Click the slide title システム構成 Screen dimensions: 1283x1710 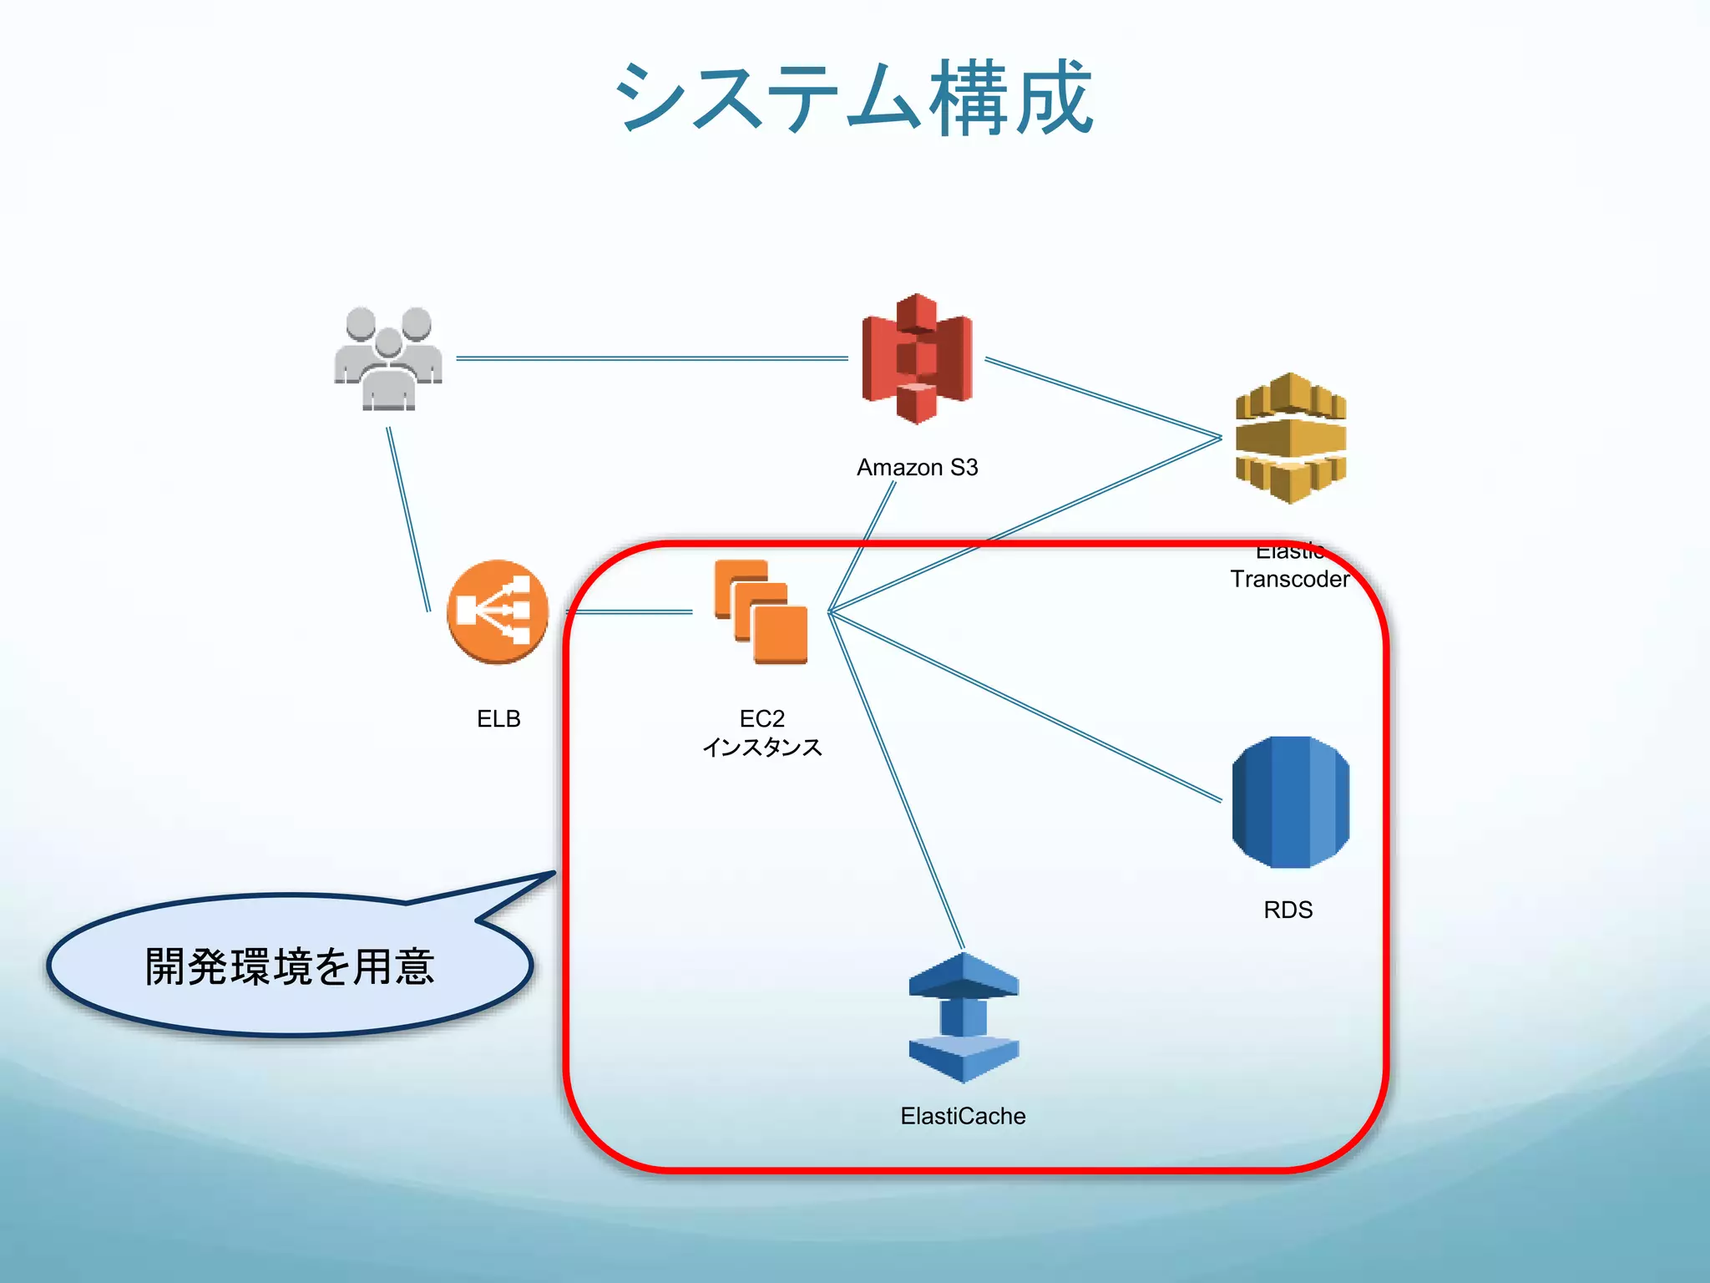[x=853, y=99]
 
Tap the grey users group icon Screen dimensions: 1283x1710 [x=388, y=359]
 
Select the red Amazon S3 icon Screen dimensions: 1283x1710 [x=917, y=359]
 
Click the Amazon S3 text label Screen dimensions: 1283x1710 [x=917, y=468]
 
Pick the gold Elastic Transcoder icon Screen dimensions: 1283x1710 [x=1291, y=439]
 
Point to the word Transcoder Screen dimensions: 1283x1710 [x=1289, y=579]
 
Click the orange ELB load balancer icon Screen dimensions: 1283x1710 [x=498, y=611]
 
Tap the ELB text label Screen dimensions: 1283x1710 [x=498, y=718]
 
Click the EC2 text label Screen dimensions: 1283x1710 [x=761, y=718]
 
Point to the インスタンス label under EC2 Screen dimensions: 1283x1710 [x=761, y=747]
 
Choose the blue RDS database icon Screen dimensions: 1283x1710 [x=1291, y=802]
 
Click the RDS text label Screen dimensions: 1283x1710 [x=1288, y=910]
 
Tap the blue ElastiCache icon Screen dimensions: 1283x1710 [x=964, y=1017]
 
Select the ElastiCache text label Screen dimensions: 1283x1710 [x=963, y=1116]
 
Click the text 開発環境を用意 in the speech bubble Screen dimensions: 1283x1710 [x=290, y=966]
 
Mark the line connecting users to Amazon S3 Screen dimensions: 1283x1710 [x=651, y=358]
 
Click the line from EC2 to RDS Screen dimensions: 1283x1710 [x=1027, y=707]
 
